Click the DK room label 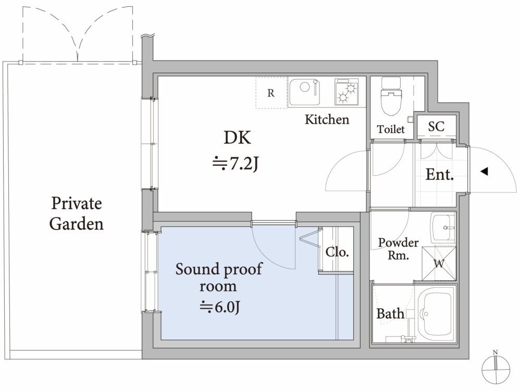tap(237, 137)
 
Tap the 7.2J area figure tap(235, 163)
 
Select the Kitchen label tap(327, 119)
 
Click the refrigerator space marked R tap(271, 93)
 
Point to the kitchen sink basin tap(304, 92)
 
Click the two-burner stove tap(346, 92)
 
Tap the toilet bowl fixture tap(391, 96)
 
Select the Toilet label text tap(391, 129)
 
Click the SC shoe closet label tap(436, 126)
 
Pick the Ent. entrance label tap(440, 174)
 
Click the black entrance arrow tap(484, 172)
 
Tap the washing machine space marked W tap(439, 264)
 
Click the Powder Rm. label tap(399, 249)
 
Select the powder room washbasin tap(443, 227)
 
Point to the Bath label tap(390, 313)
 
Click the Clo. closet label tap(337, 252)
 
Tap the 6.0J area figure tap(219, 307)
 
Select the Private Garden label tap(77, 213)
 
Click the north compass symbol tap(496, 369)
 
